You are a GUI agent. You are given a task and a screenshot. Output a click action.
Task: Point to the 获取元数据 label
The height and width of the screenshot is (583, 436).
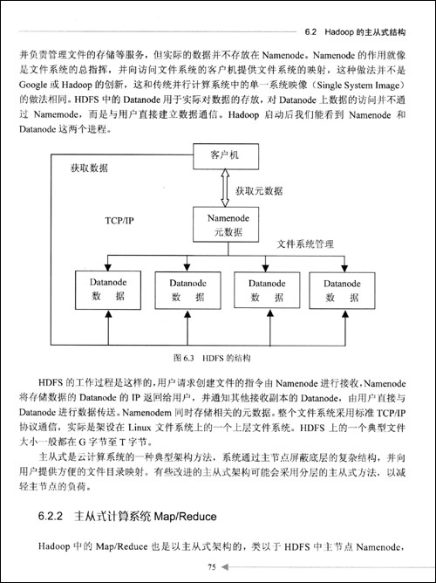point(260,189)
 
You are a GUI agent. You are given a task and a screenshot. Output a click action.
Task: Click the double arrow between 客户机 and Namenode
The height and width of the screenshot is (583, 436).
point(226,188)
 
